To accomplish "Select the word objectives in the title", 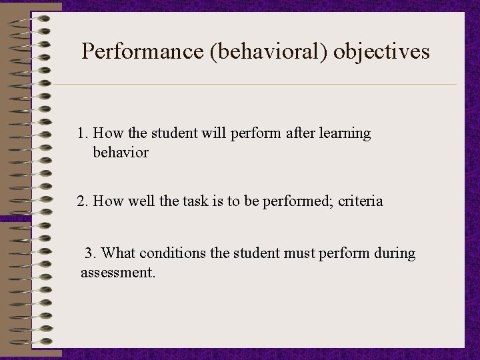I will [x=381, y=51].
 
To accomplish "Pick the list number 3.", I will [x=91, y=253].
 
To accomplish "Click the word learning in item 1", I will [x=345, y=133].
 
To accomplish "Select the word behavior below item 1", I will [x=121, y=153].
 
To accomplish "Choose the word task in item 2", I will [x=193, y=201].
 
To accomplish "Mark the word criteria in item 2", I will [x=361, y=201].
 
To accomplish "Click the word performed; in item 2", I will [x=300, y=201].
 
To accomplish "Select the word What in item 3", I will [x=119, y=253].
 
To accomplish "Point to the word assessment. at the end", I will [x=118, y=273].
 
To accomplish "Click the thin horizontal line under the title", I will [x=253, y=85].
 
